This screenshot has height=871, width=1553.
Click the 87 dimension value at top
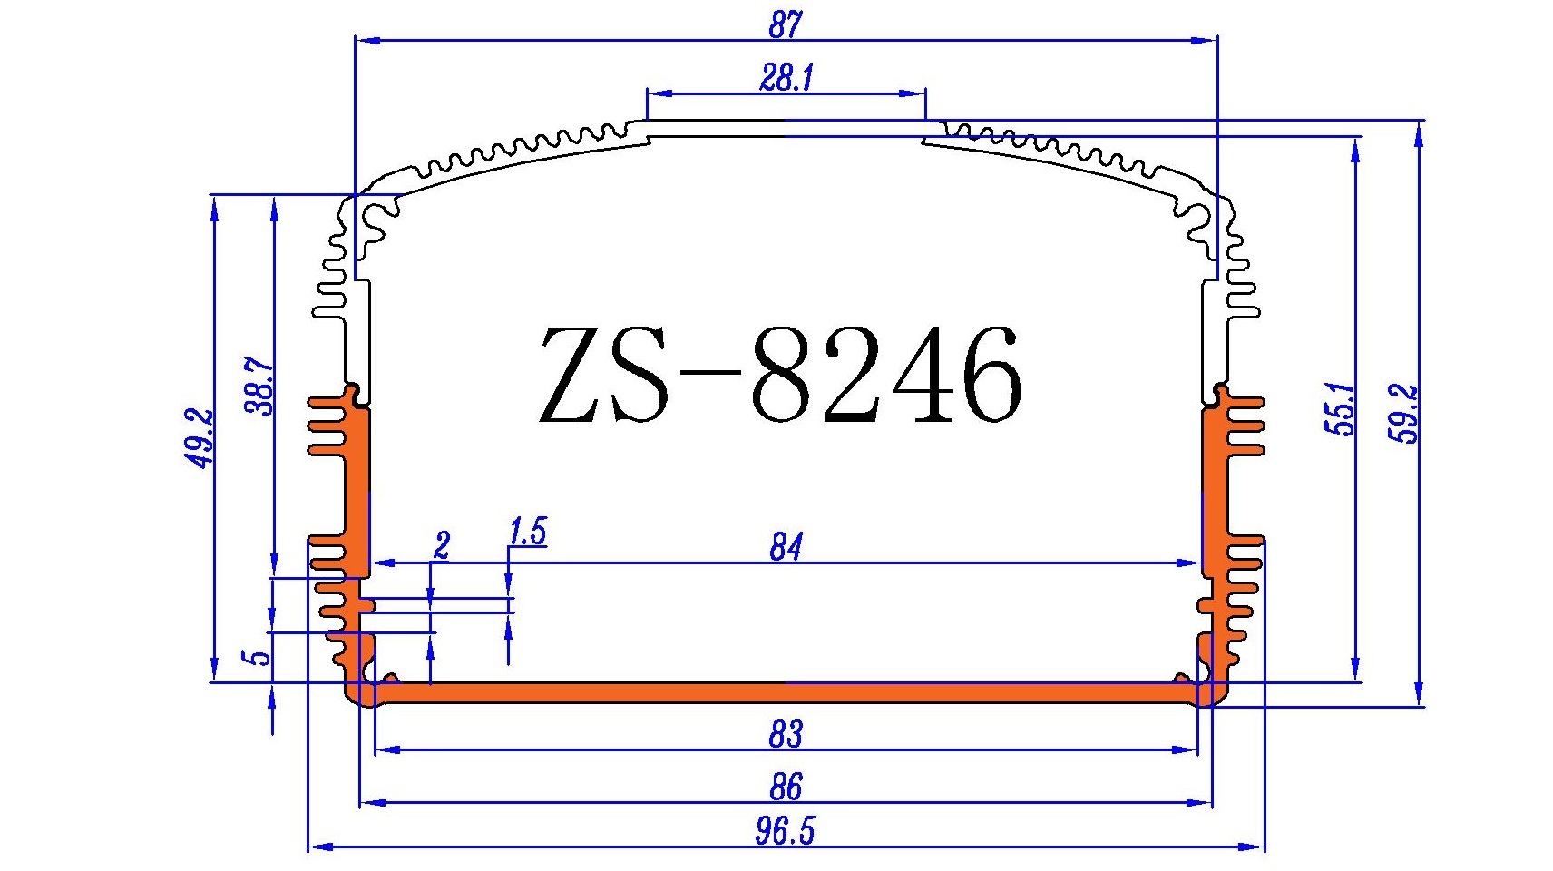pos(785,24)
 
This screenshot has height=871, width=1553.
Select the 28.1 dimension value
pos(786,79)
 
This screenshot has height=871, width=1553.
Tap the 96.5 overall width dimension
pos(785,831)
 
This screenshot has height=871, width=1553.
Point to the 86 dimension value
pos(786,787)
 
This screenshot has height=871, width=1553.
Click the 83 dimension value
pos(786,734)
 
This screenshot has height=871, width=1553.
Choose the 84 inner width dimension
pos(786,547)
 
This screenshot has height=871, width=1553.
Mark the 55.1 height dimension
pos(1342,410)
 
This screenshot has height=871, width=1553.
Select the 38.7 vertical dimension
pos(259,387)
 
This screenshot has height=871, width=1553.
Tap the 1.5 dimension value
pos(528,532)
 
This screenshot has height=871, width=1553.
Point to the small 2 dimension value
pos(442,546)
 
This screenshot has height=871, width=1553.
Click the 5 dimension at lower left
pos(260,656)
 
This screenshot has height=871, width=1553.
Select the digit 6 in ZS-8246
pos(989,377)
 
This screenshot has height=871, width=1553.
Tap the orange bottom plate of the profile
pos(785,694)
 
